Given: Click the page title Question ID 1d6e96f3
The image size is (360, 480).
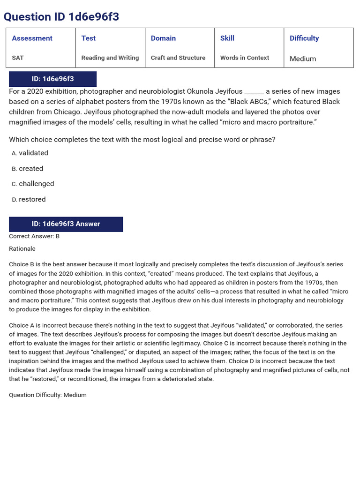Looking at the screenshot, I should click(61, 17).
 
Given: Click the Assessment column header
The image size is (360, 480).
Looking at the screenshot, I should click(32, 38).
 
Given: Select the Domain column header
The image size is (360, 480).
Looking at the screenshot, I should click(163, 38).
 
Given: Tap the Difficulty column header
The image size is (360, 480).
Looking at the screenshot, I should click(304, 38).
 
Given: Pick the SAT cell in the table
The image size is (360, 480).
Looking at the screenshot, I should click(18, 58).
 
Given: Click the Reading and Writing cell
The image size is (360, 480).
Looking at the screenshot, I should click(110, 58).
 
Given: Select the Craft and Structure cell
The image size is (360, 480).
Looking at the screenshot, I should click(178, 58).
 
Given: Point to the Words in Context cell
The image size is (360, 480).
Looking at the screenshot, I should click(245, 58).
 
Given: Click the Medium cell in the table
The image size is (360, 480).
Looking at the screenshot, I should click(303, 59).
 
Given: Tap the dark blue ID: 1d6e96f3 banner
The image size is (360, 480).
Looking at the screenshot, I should click(52, 79).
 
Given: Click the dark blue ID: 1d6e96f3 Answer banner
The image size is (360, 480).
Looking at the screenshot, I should click(66, 224).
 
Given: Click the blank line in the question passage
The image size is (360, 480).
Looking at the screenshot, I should click(254, 92).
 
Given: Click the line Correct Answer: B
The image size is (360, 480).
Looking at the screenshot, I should click(34, 236).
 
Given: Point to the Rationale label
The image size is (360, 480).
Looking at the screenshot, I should click(22, 248).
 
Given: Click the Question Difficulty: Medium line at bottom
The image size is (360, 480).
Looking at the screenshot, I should click(48, 395).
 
